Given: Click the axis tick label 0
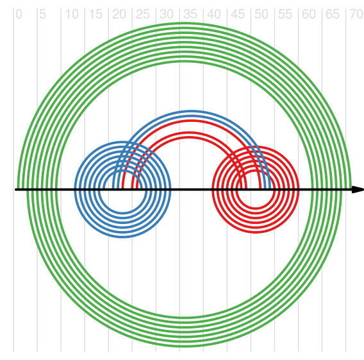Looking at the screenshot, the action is [x=19, y=14].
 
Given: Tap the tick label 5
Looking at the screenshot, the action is [x=43, y=14].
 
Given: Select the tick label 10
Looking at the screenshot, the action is [x=72, y=14].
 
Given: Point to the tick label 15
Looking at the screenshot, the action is [x=95, y=14].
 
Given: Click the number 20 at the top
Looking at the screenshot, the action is [x=119, y=14].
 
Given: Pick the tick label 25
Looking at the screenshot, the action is [x=143, y=14].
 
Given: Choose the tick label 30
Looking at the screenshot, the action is [x=167, y=14].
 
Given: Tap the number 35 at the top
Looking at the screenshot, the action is [x=190, y=14].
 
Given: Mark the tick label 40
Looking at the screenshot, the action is [x=214, y=14].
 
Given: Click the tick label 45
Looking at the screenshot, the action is [x=238, y=14].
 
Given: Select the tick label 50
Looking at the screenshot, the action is [x=261, y=14].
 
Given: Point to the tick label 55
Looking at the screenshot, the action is [x=285, y=14].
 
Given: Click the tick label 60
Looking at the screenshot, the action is [x=309, y=14].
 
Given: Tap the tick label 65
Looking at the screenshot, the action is [x=333, y=14].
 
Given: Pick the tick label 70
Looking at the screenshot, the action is [x=356, y=14].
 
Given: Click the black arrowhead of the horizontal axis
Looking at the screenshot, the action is [x=358, y=189].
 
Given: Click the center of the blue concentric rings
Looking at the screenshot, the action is [x=122, y=189].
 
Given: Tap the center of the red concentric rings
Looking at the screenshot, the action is [x=255, y=189].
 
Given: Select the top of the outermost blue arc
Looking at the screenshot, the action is [x=192, y=111].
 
